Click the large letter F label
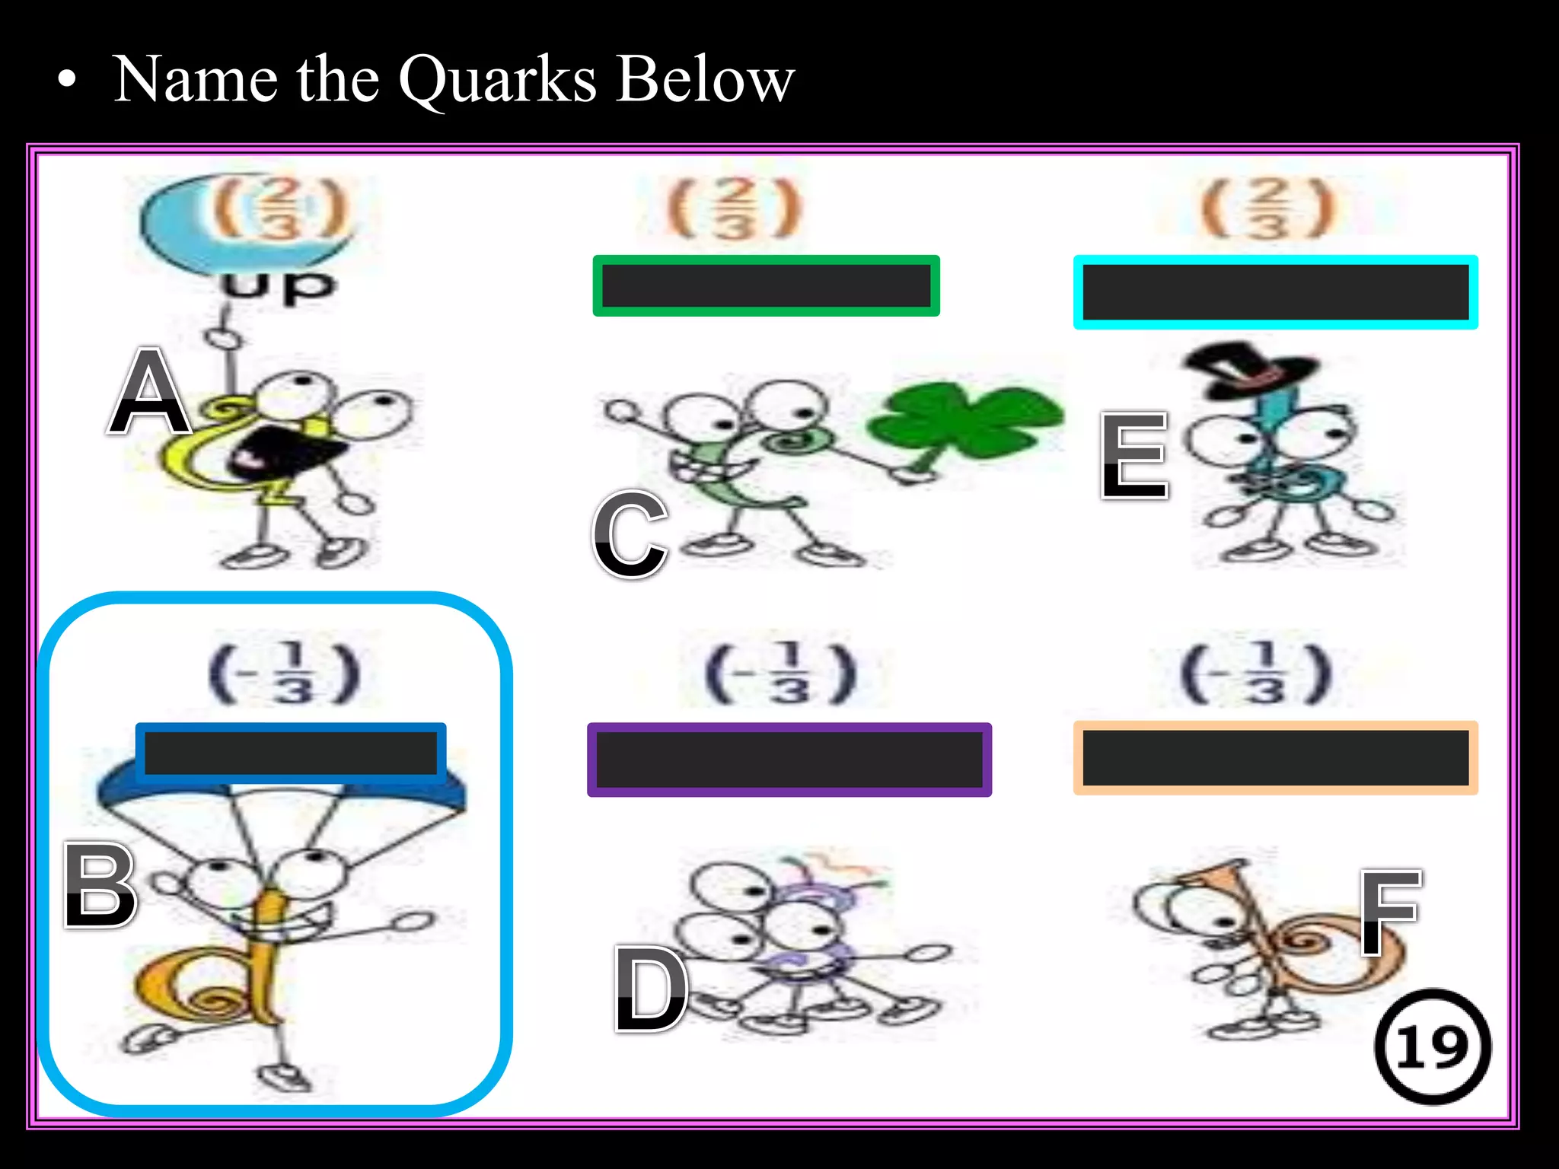[1390, 912]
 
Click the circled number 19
[1433, 1046]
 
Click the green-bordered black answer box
[766, 286]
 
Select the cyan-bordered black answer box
[1275, 292]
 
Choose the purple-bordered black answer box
[789, 760]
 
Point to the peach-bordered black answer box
[1275, 758]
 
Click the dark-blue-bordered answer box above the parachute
[291, 752]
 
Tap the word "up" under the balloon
[278, 287]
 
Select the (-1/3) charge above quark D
[782, 674]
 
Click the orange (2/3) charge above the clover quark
[734, 208]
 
